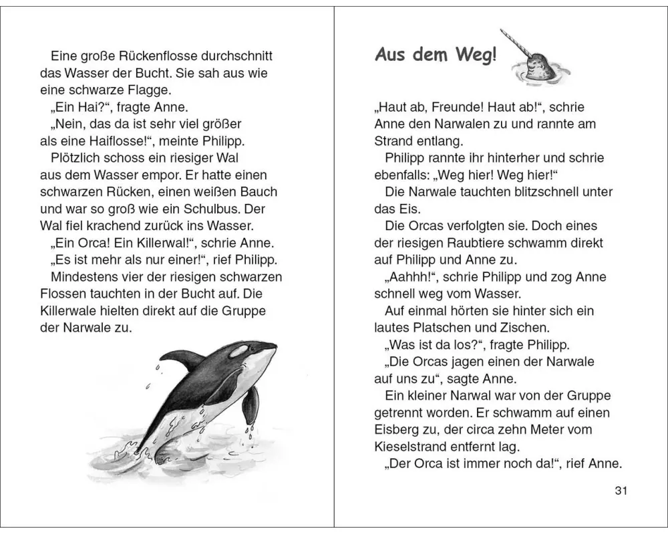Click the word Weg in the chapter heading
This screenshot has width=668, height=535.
(476, 55)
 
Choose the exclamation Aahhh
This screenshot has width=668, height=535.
(411, 277)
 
